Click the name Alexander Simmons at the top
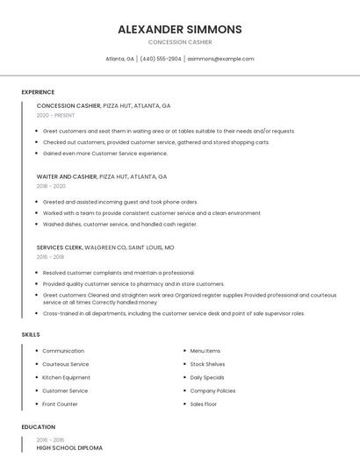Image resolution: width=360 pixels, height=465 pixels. pos(179,29)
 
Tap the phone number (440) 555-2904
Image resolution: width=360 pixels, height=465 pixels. pos(161,59)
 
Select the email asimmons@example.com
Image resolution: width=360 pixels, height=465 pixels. pos(220,59)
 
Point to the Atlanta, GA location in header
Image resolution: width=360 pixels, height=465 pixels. pos(119,59)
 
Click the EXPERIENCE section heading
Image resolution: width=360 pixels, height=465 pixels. pos(38,92)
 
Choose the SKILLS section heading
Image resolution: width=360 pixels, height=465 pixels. pos(31,334)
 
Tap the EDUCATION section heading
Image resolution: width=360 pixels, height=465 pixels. pos(38,427)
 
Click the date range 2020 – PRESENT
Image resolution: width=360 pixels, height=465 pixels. pos(55,115)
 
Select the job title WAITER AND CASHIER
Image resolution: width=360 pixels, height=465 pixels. pos(67,176)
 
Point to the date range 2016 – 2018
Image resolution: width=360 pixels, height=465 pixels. pos(50,257)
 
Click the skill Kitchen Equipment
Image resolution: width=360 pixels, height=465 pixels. pos(66,377)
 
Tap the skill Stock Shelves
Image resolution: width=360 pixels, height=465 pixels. pos(207,364)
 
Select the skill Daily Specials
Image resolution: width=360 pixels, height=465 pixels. pos(207,377)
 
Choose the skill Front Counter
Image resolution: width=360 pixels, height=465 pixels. pos(60,404)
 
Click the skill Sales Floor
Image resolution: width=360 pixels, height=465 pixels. pos(203,404)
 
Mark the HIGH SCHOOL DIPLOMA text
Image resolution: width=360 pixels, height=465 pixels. pos(69,448)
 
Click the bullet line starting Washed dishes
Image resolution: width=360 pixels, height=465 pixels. pos(119,224)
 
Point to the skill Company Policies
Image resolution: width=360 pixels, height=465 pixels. pos(212,390)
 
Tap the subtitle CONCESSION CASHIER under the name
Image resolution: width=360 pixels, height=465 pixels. pos(179,42)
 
